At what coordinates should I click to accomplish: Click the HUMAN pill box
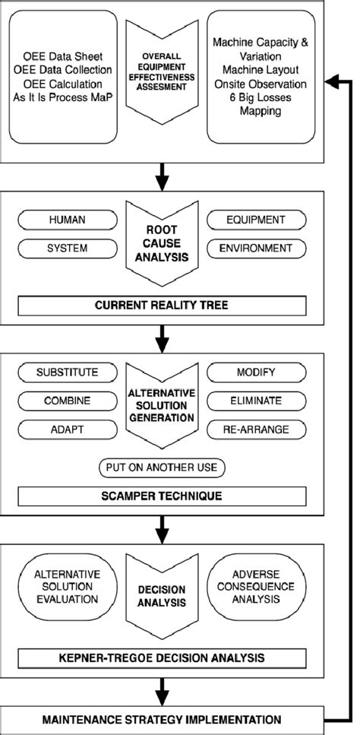click(68, 220)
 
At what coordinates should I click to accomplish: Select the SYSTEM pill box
click(68, 248)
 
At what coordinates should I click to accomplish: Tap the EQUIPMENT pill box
click(256, 220)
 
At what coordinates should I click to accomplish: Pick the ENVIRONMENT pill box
click(256, 248)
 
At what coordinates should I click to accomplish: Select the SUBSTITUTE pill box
click(68, 373)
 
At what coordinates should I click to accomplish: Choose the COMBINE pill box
click(68, 400)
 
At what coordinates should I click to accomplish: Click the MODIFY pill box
click(256, 373)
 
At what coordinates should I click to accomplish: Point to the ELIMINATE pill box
click(256, 400)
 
